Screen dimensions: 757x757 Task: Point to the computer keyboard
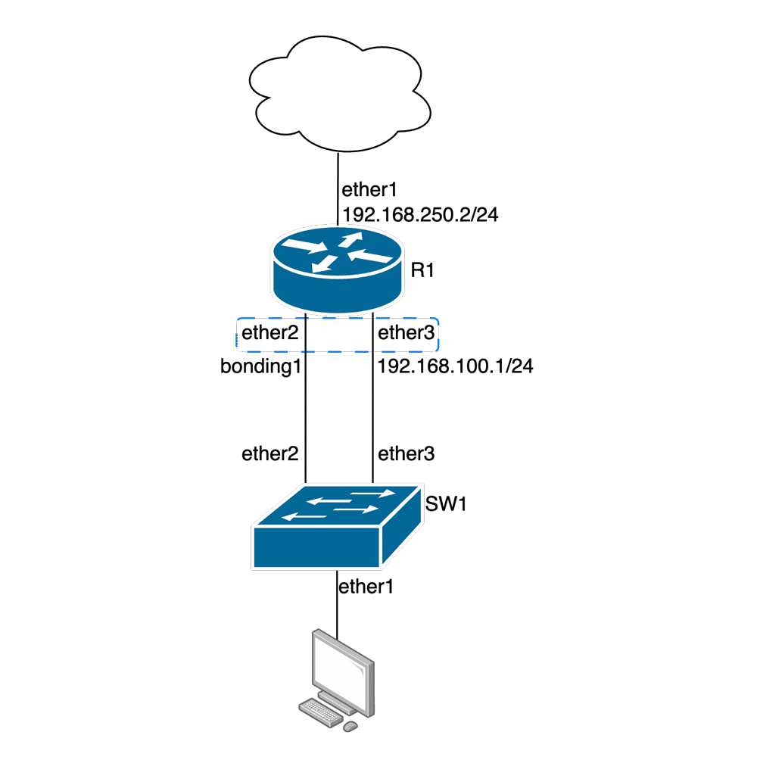click(x=321, y=709)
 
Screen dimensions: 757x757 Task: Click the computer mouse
click(x=350, y=726)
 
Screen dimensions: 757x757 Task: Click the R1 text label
click(x=422, y=269)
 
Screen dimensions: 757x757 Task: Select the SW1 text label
click(x=446, y=503)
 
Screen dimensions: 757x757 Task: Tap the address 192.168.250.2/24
click(x=421, y=215)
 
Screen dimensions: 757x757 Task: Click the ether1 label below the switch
click(x=366, y=587)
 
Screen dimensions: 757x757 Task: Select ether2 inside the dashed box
click(x=269, y=334)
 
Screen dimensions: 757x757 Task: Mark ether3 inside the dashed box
click(x=406, y=334)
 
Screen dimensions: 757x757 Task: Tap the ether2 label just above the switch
click(x=269, y=454)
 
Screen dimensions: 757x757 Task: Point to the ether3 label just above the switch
click(x=406, y=454)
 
